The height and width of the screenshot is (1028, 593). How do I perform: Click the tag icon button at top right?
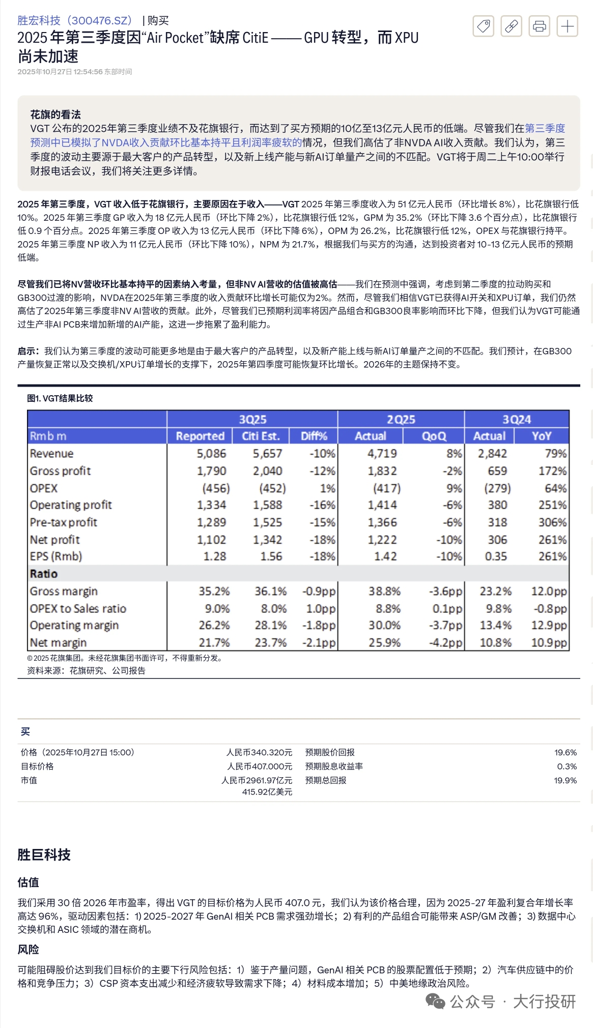[483, 26]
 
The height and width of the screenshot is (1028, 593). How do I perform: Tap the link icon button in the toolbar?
[511, 26]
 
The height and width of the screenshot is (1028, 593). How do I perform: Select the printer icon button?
[539, 26]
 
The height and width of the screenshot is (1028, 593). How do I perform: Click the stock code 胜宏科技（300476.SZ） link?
[75, 20]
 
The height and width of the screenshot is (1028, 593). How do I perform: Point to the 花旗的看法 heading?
[55, 114]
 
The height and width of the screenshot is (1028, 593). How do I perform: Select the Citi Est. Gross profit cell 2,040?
[267, 471]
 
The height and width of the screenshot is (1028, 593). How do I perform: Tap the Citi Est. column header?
[261, 436]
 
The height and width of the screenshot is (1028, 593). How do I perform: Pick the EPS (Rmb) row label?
[56, 556]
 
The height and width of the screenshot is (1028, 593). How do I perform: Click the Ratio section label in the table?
[44, 574]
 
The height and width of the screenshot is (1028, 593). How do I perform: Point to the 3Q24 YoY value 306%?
[552, 522]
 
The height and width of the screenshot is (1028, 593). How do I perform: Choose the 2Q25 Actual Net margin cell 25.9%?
[384, 643]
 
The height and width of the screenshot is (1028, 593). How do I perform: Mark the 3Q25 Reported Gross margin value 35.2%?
[214, 591]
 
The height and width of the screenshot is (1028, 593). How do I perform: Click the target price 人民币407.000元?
[260, 767]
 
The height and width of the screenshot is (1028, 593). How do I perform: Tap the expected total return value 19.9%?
[565, 780]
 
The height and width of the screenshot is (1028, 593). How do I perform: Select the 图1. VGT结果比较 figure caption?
[60, 398]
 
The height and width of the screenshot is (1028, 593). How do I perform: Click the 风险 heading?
[28, 949]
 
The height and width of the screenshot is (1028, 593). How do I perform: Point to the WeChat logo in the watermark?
[435, 1002]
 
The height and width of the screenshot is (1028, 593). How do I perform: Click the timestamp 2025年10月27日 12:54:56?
[60, 72]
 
